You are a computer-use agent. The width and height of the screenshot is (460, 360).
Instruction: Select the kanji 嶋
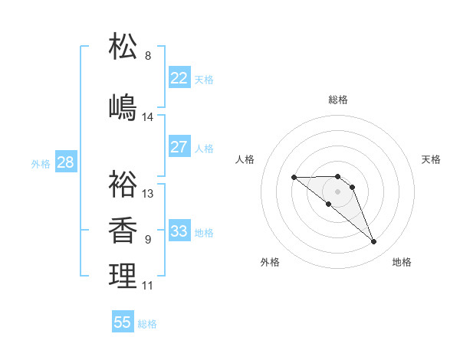tap(123, 107)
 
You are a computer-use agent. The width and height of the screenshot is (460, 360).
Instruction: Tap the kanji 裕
tap(123, 184)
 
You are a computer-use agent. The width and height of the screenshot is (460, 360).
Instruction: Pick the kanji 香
tap(123, 231)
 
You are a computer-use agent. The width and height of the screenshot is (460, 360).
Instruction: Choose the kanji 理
tap(123, 276)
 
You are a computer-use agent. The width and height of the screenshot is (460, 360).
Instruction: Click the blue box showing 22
tap(179, 78)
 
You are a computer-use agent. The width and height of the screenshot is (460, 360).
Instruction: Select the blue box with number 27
tap(179, 147)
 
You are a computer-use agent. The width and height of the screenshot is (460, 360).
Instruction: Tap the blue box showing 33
tap(179, 231)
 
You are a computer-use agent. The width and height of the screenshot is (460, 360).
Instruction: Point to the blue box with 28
tap(65, 162)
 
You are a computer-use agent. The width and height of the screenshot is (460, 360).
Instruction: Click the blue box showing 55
tap(123, 322)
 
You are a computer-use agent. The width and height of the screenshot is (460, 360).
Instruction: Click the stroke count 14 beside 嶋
tap(148, 117)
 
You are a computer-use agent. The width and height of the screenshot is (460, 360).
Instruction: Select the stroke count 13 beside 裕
tap(148, 194)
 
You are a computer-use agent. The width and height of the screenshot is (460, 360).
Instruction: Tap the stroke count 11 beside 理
tap(148, 286)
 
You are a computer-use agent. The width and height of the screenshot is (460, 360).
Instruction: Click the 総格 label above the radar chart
tap(337, 100)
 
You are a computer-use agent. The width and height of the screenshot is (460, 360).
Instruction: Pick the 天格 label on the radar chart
tap(432, 159)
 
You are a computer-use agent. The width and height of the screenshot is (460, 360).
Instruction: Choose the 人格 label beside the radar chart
tap(245, 159)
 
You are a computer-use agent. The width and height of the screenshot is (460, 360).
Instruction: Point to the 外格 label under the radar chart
tap(270, 263)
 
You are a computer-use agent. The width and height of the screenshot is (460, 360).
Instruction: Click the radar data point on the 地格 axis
tap(374, 242)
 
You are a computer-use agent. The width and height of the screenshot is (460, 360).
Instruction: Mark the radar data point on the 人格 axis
tap(294, 177)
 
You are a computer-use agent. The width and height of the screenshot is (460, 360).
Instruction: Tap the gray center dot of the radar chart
tap(337, 191)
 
